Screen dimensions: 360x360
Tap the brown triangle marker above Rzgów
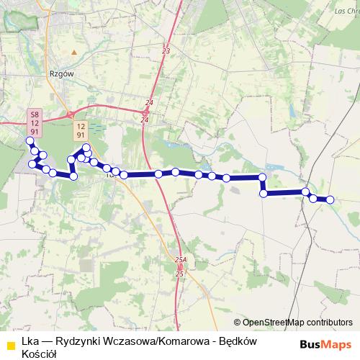[x=73, y=52]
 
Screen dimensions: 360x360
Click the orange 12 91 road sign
[x=81, y=130]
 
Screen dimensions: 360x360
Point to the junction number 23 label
[x=166, y=51]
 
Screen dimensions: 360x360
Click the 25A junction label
[x=180, y=259]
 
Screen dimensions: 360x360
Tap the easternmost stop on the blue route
[x=330, y=199]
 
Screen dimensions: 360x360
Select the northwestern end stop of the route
[x=30, y=140]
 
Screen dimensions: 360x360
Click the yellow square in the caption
[x=11, y=346]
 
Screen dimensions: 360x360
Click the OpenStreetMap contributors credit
[x=297, y=323]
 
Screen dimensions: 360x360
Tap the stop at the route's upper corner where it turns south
[x=263, y=177]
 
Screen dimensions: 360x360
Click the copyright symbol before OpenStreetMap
[x=237, y=323]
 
